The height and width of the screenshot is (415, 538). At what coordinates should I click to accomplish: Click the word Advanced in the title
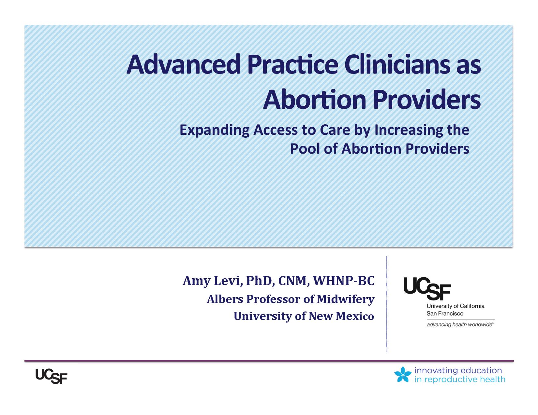click(184, 65)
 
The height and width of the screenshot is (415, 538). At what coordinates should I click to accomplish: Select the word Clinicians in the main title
click(396, 65)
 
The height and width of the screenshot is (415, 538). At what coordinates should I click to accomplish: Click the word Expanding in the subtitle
click(215, 130)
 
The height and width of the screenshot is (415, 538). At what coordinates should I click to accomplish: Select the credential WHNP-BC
click(344, 281)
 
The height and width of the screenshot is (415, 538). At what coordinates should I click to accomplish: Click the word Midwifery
click(345, 299)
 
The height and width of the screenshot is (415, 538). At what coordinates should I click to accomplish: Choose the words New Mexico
click(341, 316)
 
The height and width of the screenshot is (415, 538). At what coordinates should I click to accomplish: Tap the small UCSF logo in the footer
click(51, 376)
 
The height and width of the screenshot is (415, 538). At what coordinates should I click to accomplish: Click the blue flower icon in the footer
click(403, 374)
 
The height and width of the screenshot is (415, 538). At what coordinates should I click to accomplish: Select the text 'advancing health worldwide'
click(460, 325)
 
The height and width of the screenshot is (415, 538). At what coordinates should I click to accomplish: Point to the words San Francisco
click(445, 314)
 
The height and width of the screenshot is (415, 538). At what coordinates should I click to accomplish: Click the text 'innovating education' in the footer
click(458, 370)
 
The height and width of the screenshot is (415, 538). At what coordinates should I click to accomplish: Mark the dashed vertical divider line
click(386, 304)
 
